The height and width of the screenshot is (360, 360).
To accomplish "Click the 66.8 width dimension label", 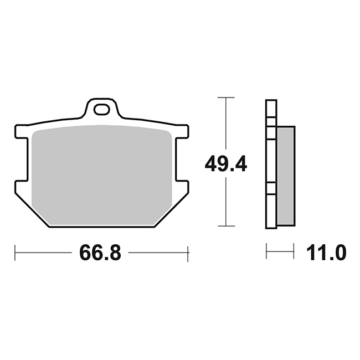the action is (x=100, y=253).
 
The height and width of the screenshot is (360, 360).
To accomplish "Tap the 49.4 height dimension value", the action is (x=225, y=164).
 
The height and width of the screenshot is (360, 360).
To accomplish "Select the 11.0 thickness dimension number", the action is (x=326, y=253).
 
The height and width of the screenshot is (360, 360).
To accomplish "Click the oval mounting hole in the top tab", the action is (x=101, y=110).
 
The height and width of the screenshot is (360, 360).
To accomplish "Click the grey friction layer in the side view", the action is (x=286, y=176).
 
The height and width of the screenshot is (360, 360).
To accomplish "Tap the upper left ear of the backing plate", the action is (x=21, y=132).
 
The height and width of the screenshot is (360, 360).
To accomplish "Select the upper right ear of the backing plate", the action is (x=182, y=132).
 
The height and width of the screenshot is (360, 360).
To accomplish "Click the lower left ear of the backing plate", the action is (x=21, y=187).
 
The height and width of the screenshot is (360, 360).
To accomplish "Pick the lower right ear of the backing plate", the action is (x=182, y=187).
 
